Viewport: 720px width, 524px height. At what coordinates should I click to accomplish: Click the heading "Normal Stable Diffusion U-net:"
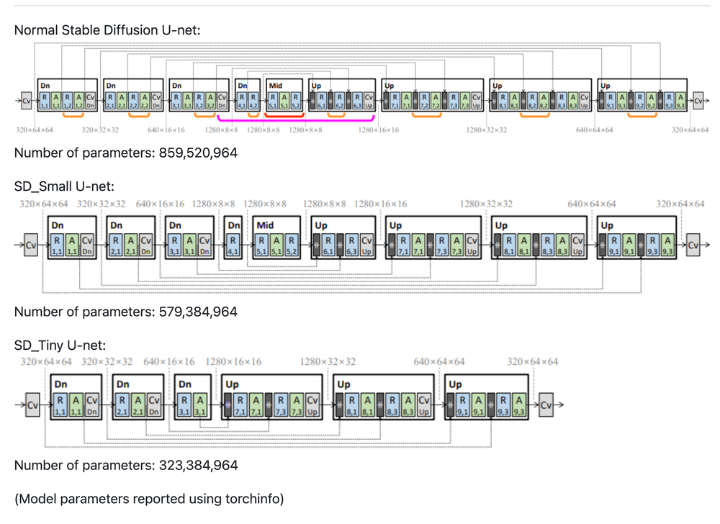point(107,30)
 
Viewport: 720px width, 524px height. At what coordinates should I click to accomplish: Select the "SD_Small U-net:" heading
point(64,186)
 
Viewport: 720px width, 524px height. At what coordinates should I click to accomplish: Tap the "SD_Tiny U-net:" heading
point(60,345)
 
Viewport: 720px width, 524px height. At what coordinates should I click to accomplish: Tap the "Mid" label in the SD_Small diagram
point(266,225)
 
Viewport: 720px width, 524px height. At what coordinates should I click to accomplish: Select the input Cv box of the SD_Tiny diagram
point(32,405)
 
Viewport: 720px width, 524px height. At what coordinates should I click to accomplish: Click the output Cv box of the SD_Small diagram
point(693,245)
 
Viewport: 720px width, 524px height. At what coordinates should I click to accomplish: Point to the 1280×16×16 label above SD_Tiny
point(233,361)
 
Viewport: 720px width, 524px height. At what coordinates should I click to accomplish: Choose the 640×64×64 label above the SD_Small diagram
point(591,204)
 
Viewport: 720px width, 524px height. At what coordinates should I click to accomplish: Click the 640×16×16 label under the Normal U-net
point(166,130)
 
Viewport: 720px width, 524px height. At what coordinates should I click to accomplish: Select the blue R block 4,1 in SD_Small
point(233,245)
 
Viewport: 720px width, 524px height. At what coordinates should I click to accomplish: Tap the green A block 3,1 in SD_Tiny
point(199,405)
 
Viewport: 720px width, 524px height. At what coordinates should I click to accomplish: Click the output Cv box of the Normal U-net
point(698,101)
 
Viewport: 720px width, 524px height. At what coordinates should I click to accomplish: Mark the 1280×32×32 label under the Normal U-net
point(486,130)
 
